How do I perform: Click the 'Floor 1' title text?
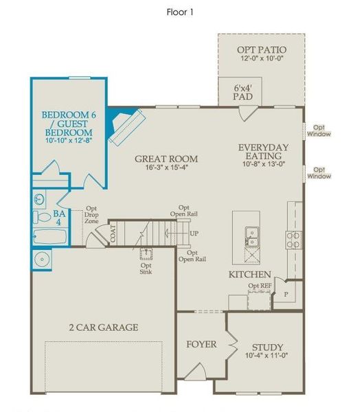180,12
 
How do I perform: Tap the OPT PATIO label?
261,50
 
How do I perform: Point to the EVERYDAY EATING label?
263,152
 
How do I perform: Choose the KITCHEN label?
249,274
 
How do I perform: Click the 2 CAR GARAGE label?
104,327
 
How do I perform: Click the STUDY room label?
268,347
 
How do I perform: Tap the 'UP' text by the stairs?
194,233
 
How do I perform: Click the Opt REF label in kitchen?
259,286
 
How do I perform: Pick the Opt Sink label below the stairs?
146,269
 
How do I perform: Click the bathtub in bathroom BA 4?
50,238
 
